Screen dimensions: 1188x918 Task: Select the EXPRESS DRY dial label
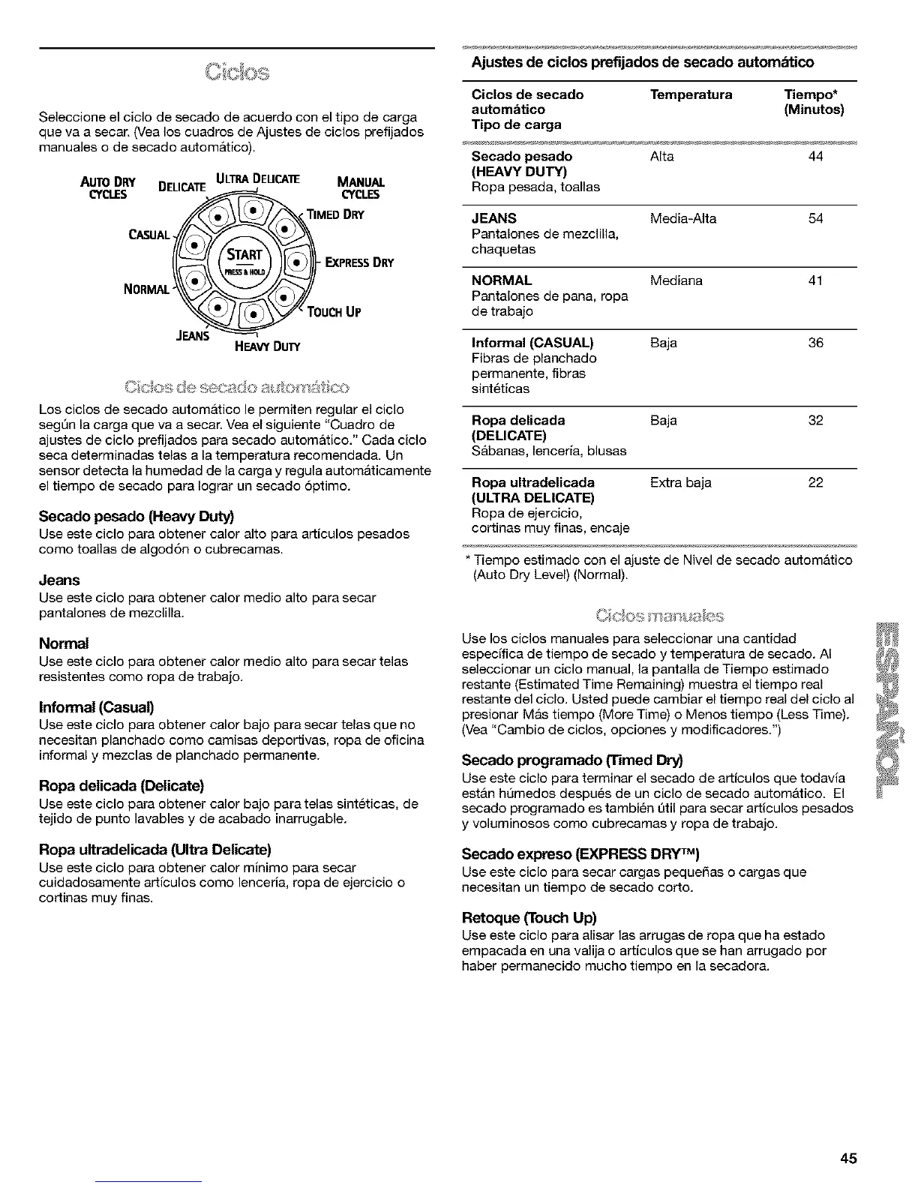[x=359, y=262]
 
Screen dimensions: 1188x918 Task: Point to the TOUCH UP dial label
[x=334, y=312]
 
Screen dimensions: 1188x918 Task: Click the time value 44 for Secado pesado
[x=816, y=156]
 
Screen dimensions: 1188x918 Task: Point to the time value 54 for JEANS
[x=816, y=218]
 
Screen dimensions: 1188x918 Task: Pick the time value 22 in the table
[x=816, y=482]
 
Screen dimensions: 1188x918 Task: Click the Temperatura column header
[x=691, y=94]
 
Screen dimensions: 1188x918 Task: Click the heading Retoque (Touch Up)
[x=529, y=917]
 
